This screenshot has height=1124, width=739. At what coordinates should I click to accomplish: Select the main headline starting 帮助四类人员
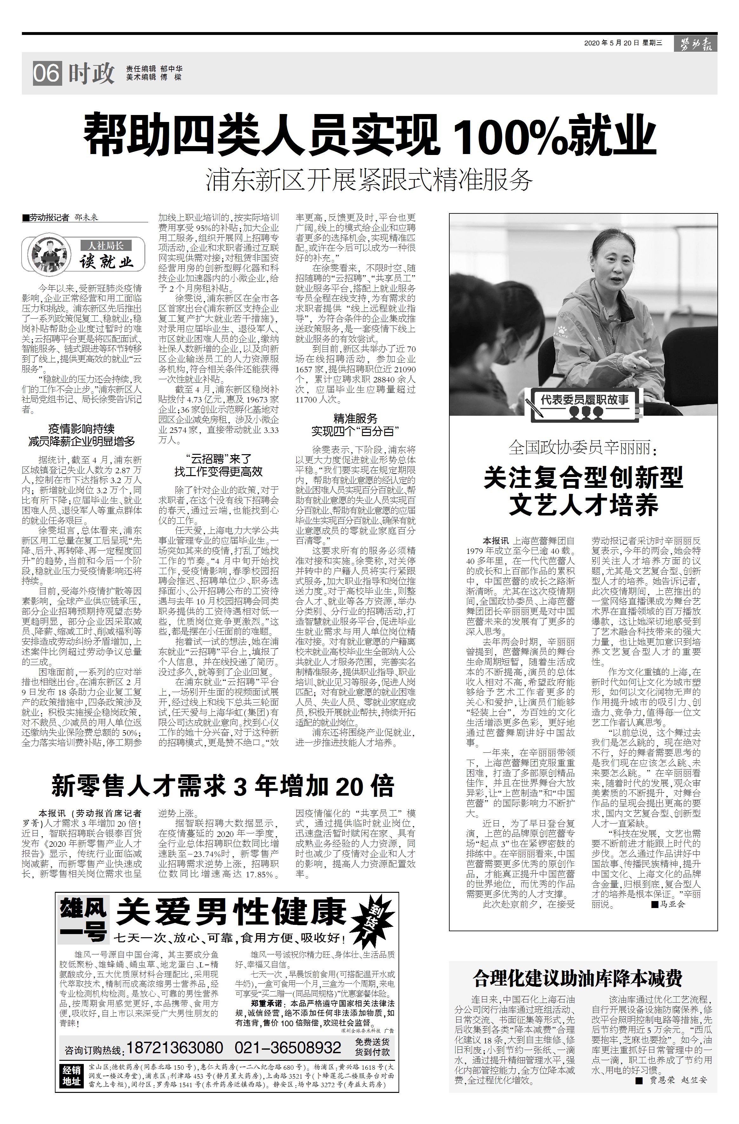(x=369, y=134)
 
